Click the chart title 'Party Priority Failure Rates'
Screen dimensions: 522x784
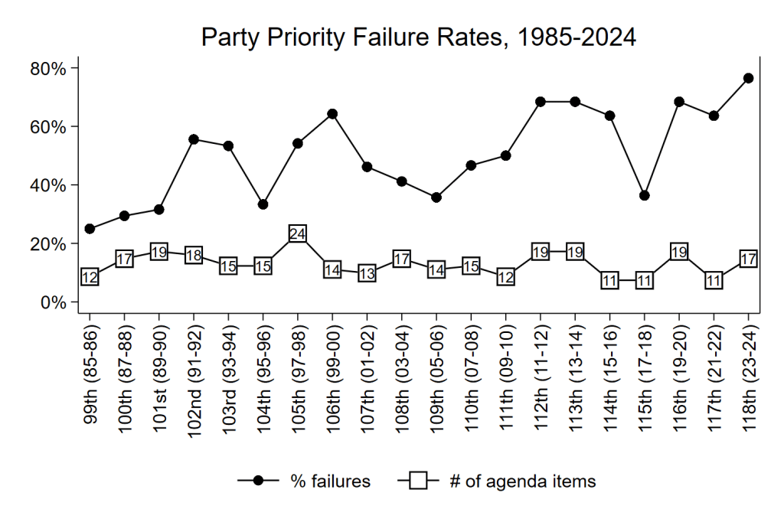418,38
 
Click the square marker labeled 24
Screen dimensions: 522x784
298,233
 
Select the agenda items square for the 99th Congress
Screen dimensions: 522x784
90,277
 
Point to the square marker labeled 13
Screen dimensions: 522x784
367,273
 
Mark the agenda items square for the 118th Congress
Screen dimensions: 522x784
748,259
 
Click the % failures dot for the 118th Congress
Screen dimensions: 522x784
748,78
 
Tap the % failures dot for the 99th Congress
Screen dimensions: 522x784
90,229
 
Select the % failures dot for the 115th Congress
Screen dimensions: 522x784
645,195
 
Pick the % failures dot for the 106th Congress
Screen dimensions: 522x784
332,114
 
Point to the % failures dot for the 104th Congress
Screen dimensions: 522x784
263,204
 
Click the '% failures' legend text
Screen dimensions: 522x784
331,481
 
